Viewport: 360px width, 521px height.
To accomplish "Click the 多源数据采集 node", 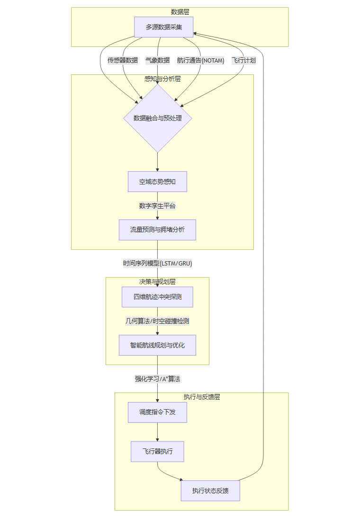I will click(163, 27).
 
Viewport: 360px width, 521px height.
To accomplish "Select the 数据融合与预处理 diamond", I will click(157, 118).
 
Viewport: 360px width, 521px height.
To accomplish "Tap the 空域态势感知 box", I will click(157, 182).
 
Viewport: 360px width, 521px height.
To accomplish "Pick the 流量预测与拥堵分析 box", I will click(157, 230).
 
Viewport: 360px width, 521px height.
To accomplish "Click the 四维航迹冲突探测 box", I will click(157, 297).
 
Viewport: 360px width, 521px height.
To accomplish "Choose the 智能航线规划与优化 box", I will click(157, 345).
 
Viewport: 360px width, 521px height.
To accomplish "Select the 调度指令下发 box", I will click(157, 412).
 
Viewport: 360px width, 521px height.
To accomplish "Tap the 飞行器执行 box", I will click(157, 451).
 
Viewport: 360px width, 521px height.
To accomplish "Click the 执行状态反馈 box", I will click(210, 491).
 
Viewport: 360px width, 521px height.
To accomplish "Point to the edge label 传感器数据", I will click(123, 60).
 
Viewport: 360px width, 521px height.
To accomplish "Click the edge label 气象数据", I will click(157, 60).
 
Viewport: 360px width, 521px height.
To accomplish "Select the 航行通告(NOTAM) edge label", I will click(200, 60).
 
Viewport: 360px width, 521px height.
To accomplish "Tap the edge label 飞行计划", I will click(243, 60).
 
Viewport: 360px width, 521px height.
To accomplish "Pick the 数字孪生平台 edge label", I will click(157, 206).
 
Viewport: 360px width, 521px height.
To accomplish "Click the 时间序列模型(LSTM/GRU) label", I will click(157, 264).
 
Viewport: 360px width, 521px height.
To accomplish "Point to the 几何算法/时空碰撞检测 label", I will click(157, 321).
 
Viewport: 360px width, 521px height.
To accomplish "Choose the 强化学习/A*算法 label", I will click(157, 379).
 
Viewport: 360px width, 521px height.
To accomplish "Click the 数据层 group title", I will click(180, 12).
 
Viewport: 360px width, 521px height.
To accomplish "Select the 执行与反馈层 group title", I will click(201, 397).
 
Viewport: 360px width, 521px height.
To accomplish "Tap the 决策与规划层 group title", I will click(157, 282).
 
